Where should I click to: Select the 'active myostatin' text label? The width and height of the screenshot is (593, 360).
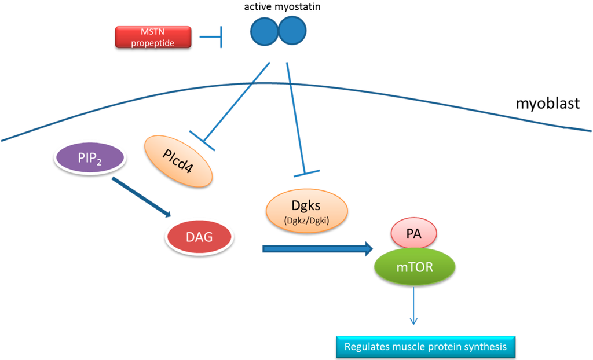(277, 7)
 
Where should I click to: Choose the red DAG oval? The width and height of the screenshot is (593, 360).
(200, 238)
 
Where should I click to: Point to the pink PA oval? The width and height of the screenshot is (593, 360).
(413, 233)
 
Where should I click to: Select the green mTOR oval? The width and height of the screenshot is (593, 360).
(415, 266)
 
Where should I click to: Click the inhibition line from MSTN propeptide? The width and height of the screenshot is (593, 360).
(211, 38)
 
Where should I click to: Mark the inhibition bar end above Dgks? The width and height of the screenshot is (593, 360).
(307, 172)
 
